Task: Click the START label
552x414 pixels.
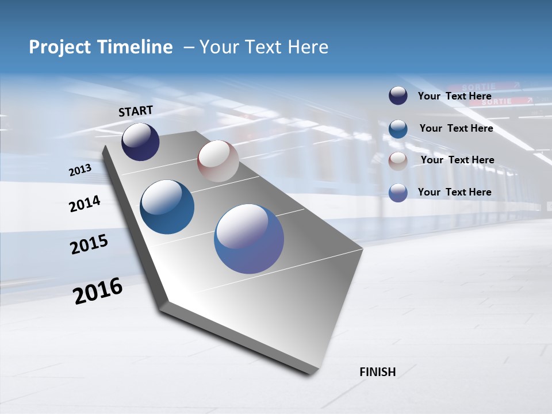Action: click(x=136, y=111)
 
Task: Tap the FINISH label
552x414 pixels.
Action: click(x=377, y=372)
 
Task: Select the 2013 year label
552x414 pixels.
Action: click(x=80, y=170)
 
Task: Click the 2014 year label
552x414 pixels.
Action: click(x=85, y=204)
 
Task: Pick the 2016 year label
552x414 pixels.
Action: click(x=98, y=291)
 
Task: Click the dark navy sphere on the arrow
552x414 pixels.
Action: click(x=140, y=141)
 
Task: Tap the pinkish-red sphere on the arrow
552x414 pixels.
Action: click(x=218, y=161)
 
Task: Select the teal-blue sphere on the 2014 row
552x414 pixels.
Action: click(x=167, y=207)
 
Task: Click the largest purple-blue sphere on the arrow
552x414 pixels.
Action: click(x=249, y=239)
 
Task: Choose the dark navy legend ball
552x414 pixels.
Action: click(x=398, y=95)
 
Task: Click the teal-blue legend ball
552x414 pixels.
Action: click(x=398, y=129)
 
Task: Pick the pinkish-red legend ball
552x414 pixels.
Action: click(x=398, y=160)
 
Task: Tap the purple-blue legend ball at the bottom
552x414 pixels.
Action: click(x=398, y=193)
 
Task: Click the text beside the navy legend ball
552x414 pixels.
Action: click(x=454, y=96)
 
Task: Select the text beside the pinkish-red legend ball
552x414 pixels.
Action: click(x=457, y=160)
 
